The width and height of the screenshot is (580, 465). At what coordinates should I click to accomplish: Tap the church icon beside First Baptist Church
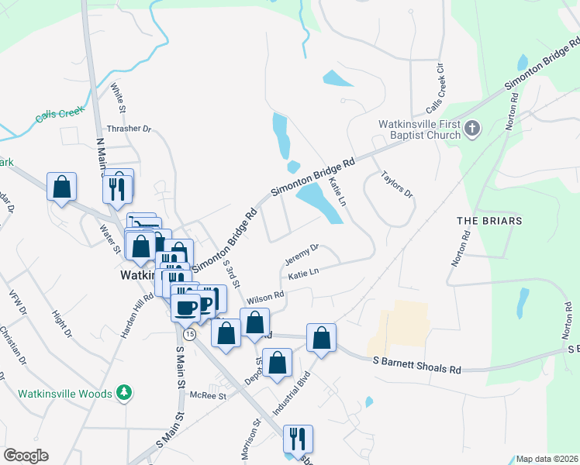[x=473, y=127]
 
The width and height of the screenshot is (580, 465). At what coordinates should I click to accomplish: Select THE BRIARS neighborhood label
[x=489, y=221]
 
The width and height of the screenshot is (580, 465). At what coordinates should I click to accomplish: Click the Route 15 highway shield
[x=190, y=333]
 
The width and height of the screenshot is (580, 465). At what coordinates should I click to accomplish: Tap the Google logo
[x=26, y=456]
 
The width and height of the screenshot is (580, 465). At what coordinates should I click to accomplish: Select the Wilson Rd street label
[x=265, y=298]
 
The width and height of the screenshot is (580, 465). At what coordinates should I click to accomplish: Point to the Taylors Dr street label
[x=398, y=186]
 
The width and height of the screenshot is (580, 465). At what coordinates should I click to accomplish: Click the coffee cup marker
[x=185, y=307]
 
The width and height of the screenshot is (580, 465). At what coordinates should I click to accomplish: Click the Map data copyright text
[x=547, y=459]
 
